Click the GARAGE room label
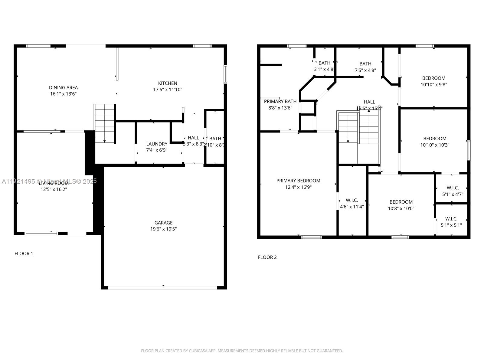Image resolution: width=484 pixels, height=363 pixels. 163,223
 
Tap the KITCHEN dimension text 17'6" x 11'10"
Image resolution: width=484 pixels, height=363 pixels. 168,90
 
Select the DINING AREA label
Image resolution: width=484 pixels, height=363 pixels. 63,87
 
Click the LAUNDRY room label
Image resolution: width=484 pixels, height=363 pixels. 156,144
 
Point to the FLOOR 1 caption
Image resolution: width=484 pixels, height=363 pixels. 24,253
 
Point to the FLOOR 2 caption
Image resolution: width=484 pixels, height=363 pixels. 267,257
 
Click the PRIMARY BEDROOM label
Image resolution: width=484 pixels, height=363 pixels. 298,181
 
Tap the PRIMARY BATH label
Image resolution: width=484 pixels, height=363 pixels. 280,101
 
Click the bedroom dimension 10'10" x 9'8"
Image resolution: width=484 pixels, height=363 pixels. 434,85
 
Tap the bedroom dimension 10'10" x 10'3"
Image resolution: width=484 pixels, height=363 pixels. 435,145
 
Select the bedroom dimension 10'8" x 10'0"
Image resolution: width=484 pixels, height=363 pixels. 401,208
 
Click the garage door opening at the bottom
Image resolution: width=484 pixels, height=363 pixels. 163,288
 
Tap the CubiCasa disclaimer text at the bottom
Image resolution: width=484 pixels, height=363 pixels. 242,351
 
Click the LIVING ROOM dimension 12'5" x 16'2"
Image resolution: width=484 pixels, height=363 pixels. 54,189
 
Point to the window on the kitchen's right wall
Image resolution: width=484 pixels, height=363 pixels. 225,74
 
